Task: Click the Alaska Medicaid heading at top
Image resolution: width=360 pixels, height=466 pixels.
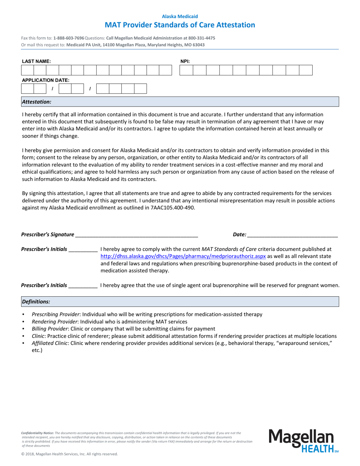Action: [180, 16]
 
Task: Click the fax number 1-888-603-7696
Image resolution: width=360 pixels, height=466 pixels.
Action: [69, 38]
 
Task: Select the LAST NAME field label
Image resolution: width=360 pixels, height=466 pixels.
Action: [36, 61]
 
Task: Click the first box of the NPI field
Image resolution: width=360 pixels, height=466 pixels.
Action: [186, 70]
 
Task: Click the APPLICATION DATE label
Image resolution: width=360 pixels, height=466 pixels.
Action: [45, 80]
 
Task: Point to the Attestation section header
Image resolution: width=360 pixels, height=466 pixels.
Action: [36, 102]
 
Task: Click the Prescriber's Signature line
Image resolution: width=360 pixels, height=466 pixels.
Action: [136, 235]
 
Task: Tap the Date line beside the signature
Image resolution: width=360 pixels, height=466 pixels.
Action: [292, 235]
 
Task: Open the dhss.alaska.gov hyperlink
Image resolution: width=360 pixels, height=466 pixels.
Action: [183, 256]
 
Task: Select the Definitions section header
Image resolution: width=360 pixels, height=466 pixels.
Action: [36, 302]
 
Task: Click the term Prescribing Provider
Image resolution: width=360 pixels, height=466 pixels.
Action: [56, 314]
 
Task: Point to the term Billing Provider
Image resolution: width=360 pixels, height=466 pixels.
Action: [50, 329]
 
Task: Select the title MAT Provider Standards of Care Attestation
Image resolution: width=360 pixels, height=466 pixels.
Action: [180, 25]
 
